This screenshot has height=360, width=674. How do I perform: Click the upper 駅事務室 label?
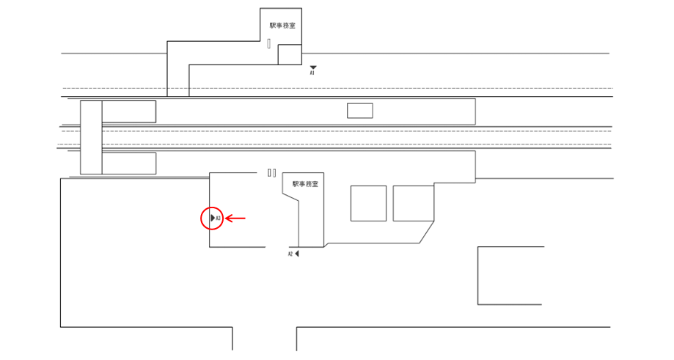[282, 25]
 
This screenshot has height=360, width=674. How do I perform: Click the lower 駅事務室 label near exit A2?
[305, 184]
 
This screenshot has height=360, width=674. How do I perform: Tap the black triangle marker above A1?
[312, 67]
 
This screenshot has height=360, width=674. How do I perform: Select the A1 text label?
[312, 73]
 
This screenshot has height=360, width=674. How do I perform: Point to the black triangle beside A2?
[297, 254]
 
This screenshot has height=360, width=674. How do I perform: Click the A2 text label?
[290, 254]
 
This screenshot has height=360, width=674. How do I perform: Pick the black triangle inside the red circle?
[213, 218]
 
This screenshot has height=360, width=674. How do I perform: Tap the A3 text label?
[219, 218]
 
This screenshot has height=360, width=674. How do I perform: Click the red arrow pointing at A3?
[235, 218]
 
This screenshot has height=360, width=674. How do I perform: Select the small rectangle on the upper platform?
[359, 111]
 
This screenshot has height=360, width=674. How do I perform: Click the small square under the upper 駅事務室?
[290, 54]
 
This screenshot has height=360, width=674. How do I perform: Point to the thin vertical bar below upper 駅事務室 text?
[269, 43]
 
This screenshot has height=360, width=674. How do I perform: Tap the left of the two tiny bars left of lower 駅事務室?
[269, 173]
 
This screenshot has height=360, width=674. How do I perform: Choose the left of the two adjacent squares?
[368, 203]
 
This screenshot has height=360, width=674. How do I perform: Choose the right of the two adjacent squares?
[414, 203]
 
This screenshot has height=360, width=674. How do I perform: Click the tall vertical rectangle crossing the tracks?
[91, 138]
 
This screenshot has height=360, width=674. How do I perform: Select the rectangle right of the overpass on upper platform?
[128, 111]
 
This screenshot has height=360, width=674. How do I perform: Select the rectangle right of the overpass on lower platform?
[128, 163]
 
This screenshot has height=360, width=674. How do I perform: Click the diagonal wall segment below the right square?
[428, 234]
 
